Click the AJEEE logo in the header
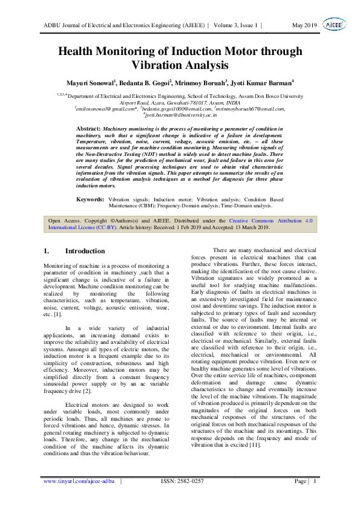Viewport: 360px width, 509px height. click(x=333, y=24)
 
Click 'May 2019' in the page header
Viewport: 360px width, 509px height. click(x=304, y=25)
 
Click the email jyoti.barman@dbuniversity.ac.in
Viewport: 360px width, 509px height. click(x=180, y=114)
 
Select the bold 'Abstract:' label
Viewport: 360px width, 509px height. click(x=88, y=129)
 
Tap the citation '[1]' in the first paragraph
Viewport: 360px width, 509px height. click(x=57, y=315)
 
